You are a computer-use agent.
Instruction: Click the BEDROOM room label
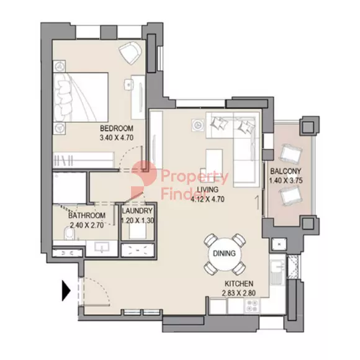[117, 128]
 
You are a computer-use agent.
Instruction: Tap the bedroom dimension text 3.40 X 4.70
[117, 138]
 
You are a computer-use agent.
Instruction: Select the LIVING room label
[207, 189]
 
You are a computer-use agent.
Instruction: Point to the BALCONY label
[286, 171]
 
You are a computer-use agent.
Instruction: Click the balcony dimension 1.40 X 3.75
[286, 181]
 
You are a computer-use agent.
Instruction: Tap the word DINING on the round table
[224, 253]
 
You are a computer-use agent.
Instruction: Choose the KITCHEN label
[239, 284]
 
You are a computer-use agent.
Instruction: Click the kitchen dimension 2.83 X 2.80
[239, 293]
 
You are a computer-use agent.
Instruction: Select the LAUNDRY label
[137, 210]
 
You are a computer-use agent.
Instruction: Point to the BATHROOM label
[87, 215]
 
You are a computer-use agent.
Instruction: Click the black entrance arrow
[66, 290]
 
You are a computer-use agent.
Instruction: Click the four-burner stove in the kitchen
[253, 306]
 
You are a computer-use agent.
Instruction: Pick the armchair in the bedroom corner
[130, 53]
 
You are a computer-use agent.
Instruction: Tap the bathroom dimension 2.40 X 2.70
[87, 225]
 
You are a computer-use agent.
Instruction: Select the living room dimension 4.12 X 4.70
[207, 199]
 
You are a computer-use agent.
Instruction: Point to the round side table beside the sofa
[197, 125]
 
